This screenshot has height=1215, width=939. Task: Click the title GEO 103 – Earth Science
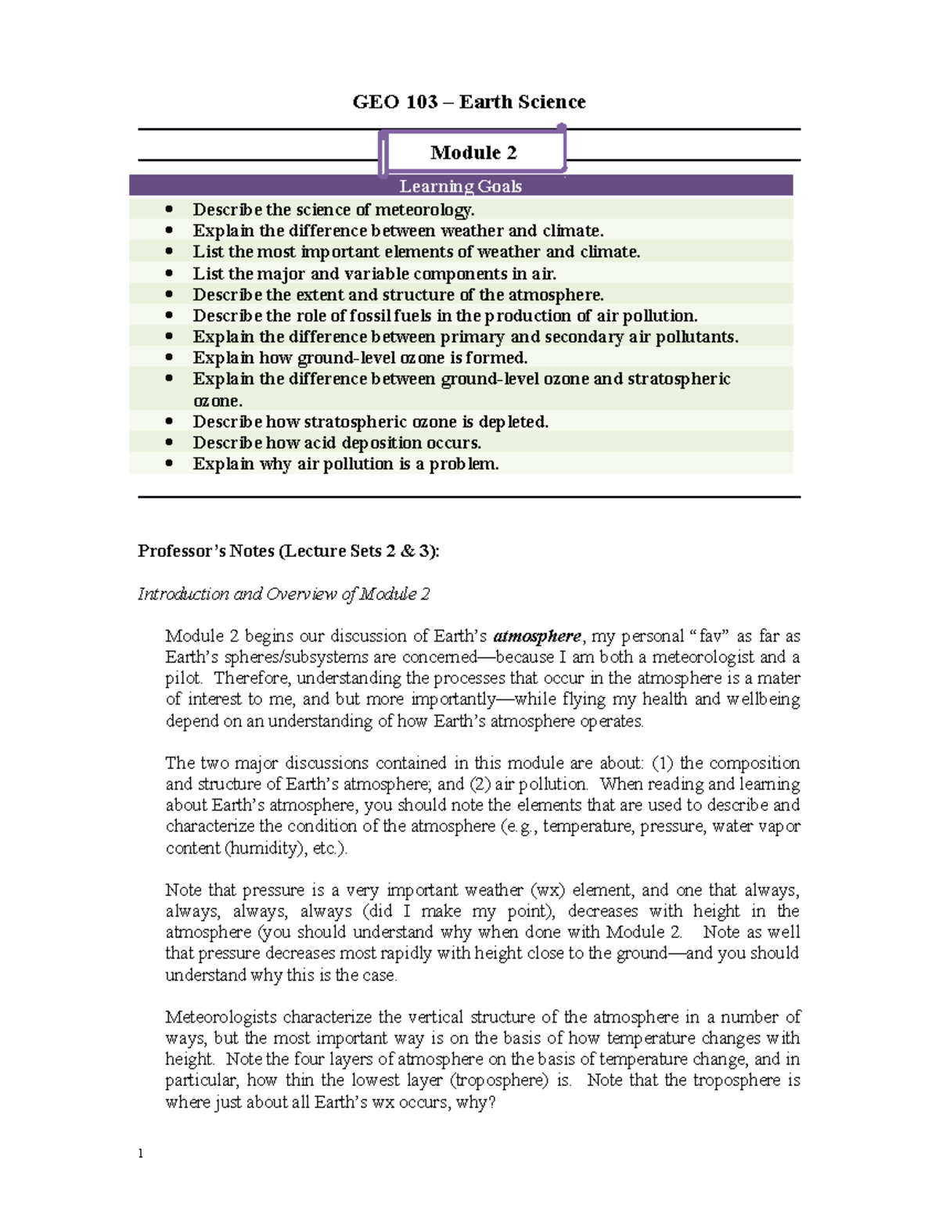point(469,102)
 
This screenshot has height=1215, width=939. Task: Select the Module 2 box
point(473,152)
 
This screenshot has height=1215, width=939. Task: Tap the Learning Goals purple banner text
point(460,186)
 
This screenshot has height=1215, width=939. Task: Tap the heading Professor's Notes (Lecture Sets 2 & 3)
point(289,551)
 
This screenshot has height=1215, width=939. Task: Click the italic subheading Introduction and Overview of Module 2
point(283,594)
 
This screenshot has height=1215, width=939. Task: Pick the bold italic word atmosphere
point(537,636)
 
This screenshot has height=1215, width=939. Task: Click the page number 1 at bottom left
point(141,1154)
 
